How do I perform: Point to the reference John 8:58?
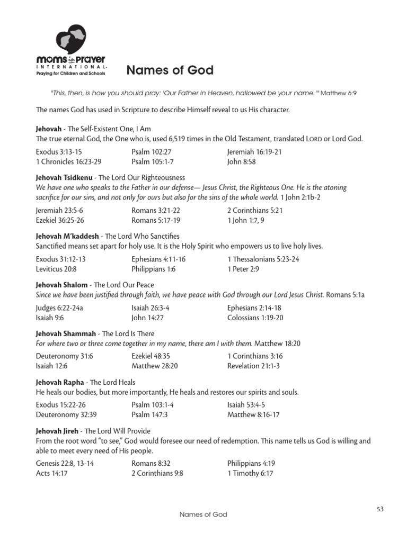[242, 161]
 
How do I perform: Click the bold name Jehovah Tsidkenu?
[65, 177]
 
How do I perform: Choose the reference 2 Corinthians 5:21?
[255, 210]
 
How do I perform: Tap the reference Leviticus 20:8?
[56, 269]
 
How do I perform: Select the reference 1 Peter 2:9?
[244, 269]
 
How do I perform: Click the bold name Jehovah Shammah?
[66, 333]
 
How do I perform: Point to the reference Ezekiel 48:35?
[153, 356]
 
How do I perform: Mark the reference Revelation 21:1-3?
[253, 366]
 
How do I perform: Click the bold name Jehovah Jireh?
[59, 431]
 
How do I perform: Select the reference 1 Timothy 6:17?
[250, 473]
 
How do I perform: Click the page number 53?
[380, 509]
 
